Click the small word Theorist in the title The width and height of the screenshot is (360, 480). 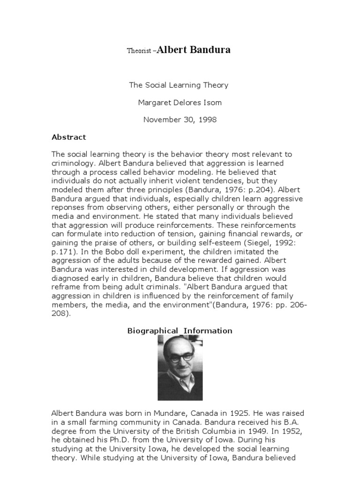tap(139, 51)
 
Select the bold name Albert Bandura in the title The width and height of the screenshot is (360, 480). tap(194, 50)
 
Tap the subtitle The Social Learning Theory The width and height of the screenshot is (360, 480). tap(179, 85)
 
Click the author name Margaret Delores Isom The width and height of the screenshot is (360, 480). tap(180, 102)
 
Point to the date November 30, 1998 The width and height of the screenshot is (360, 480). tap(180, 120)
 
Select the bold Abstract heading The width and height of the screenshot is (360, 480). tap(68, 137)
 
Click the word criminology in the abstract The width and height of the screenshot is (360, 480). tap(72, 163)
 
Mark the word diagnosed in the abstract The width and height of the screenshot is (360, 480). tap(69, 278)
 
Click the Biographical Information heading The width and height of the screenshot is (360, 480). tap(180, 331)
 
